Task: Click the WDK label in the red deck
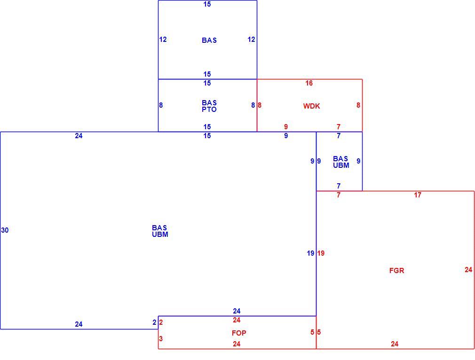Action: [311, 106]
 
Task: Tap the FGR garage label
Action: [396, 270]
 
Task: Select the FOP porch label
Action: [239, 333]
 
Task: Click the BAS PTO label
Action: [209, 106]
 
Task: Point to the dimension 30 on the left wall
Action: [5, 230]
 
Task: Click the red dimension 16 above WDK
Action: [309, 83]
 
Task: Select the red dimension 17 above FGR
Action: [418, 195]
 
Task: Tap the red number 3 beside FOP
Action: [161, 338]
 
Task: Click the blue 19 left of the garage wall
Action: [310, 253]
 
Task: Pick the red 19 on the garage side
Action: [321, 253]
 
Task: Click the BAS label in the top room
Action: [209, 40]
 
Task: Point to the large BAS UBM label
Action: [160, 231]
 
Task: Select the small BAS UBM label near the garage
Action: [341, 162]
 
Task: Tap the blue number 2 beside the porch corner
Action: [155, 322]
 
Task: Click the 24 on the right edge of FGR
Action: [468, 269]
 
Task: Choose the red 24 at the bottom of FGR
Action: [395, 344]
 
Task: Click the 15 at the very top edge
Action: [207, 4]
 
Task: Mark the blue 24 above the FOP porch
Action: [237, 311]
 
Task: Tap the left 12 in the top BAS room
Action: [163, 39]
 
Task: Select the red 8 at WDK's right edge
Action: [358, 105]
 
